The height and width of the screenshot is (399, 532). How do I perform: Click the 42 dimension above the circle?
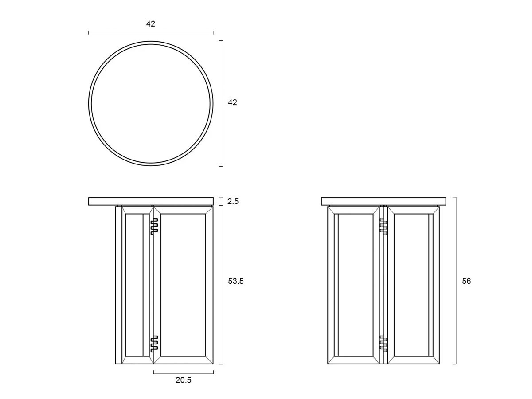pyautogui.click(x=150, y=24)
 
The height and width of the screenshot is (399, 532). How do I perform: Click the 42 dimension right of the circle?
pyautogui.click(x=232, y=102)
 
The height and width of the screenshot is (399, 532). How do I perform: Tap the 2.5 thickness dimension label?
pyautogui.click(x=233, y=201)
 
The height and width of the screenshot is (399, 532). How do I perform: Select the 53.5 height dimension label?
pyautogui.click(x=235, y=281)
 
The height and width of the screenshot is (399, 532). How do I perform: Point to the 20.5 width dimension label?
pyautogui.click(x=183, y=380)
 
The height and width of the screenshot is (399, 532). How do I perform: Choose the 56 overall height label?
pyautogui.click(x=466, y=281)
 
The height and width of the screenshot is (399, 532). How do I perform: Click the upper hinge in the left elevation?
pyautogui.click(x=154, y=226)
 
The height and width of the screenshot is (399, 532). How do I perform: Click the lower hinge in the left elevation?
pyautogui.click(x=154, y=344)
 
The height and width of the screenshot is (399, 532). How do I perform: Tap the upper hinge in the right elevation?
pyautogui.click(x=383, y=226)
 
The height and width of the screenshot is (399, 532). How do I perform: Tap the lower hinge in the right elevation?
pyautogui.click(x=383, y=344)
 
